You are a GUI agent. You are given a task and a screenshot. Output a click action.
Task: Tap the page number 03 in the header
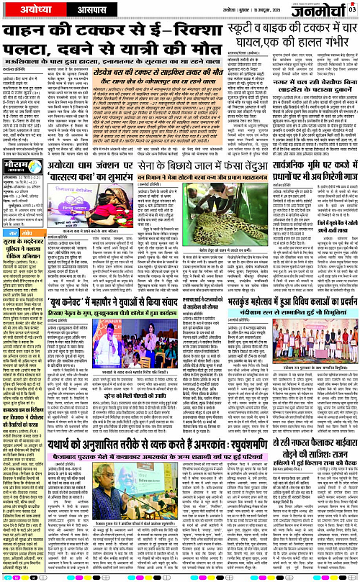tap(352, 9)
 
